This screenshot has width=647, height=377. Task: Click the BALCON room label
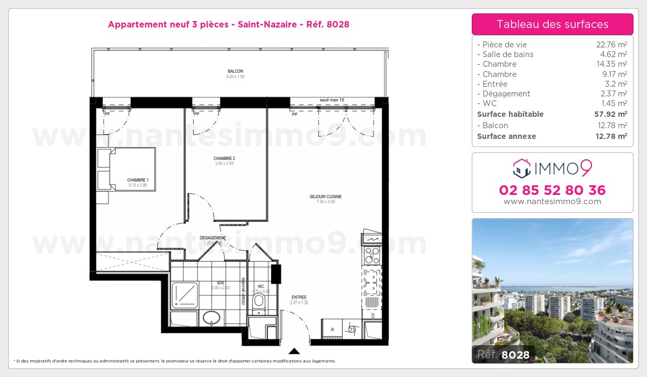[235, 72]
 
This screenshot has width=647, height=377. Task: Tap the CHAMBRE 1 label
[137, 180]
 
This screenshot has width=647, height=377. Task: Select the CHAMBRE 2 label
[224, 158]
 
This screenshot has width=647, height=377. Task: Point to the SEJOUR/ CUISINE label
[325, 197]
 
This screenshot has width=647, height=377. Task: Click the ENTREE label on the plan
[299, 297]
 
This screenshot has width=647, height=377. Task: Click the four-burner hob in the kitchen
[372, 256]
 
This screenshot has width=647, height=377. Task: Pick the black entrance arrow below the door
[294, 351]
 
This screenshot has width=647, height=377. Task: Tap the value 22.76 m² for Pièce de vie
[608, 45]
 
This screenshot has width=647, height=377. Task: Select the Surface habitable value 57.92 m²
[607, 114]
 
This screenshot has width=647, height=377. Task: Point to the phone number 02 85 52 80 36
[552, 190]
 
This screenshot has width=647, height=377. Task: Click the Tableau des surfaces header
[552, 24]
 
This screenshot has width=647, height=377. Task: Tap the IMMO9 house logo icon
[521, 169]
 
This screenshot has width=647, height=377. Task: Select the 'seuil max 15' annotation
[332, 100]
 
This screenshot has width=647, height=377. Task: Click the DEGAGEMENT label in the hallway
[212, 238]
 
